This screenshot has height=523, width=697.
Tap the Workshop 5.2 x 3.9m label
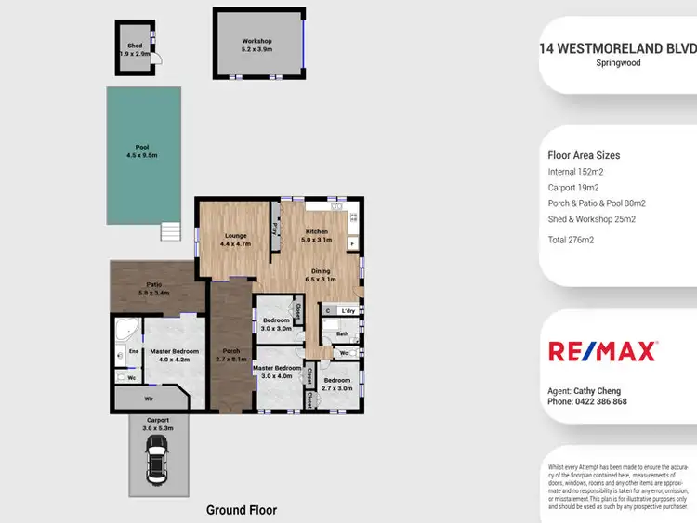click(x=256, y=46)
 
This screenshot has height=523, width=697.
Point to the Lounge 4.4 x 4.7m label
click(x=235, y=240)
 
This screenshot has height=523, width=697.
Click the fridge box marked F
click(x=351, y=243)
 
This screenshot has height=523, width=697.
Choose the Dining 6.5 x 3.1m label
click(x=320, y=275)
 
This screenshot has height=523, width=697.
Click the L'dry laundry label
click(x=348, y=310)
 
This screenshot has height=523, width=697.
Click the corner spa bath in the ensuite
click(x=125, y=329)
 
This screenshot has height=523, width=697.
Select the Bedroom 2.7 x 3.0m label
click(x=335, y=384)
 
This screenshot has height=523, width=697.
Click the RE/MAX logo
click(x=602, y=351)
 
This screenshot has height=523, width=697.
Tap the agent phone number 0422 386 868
click(x=587, y=402)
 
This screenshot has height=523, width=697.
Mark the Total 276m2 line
click(x=571, y=240)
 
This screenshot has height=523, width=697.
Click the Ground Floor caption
click(x=241, y=510)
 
